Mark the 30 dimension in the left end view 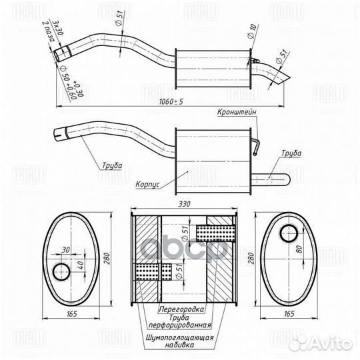(x=65, y=250)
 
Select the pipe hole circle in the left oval (x=62, y=272)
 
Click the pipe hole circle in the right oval (x=289, y=233)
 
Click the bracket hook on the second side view (x=257, y=145)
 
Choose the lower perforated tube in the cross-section (x=150, y=273)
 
